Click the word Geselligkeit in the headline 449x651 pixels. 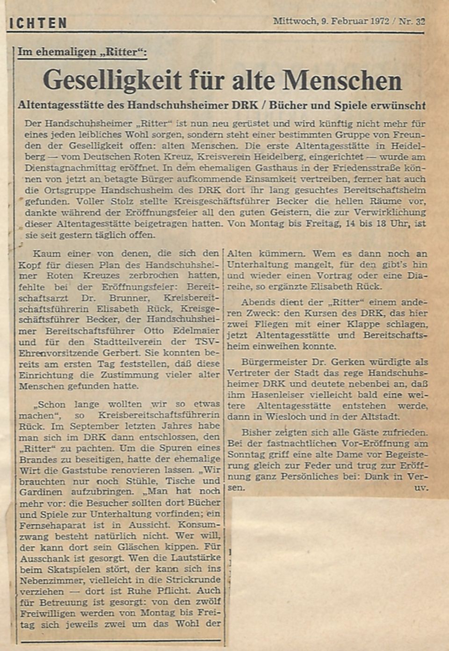[113, 80]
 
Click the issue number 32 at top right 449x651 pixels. [420, 21]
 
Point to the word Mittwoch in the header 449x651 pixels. [294, 21]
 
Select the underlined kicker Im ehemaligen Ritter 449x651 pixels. [82, 52]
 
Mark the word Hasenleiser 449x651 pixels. [273, 395]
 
